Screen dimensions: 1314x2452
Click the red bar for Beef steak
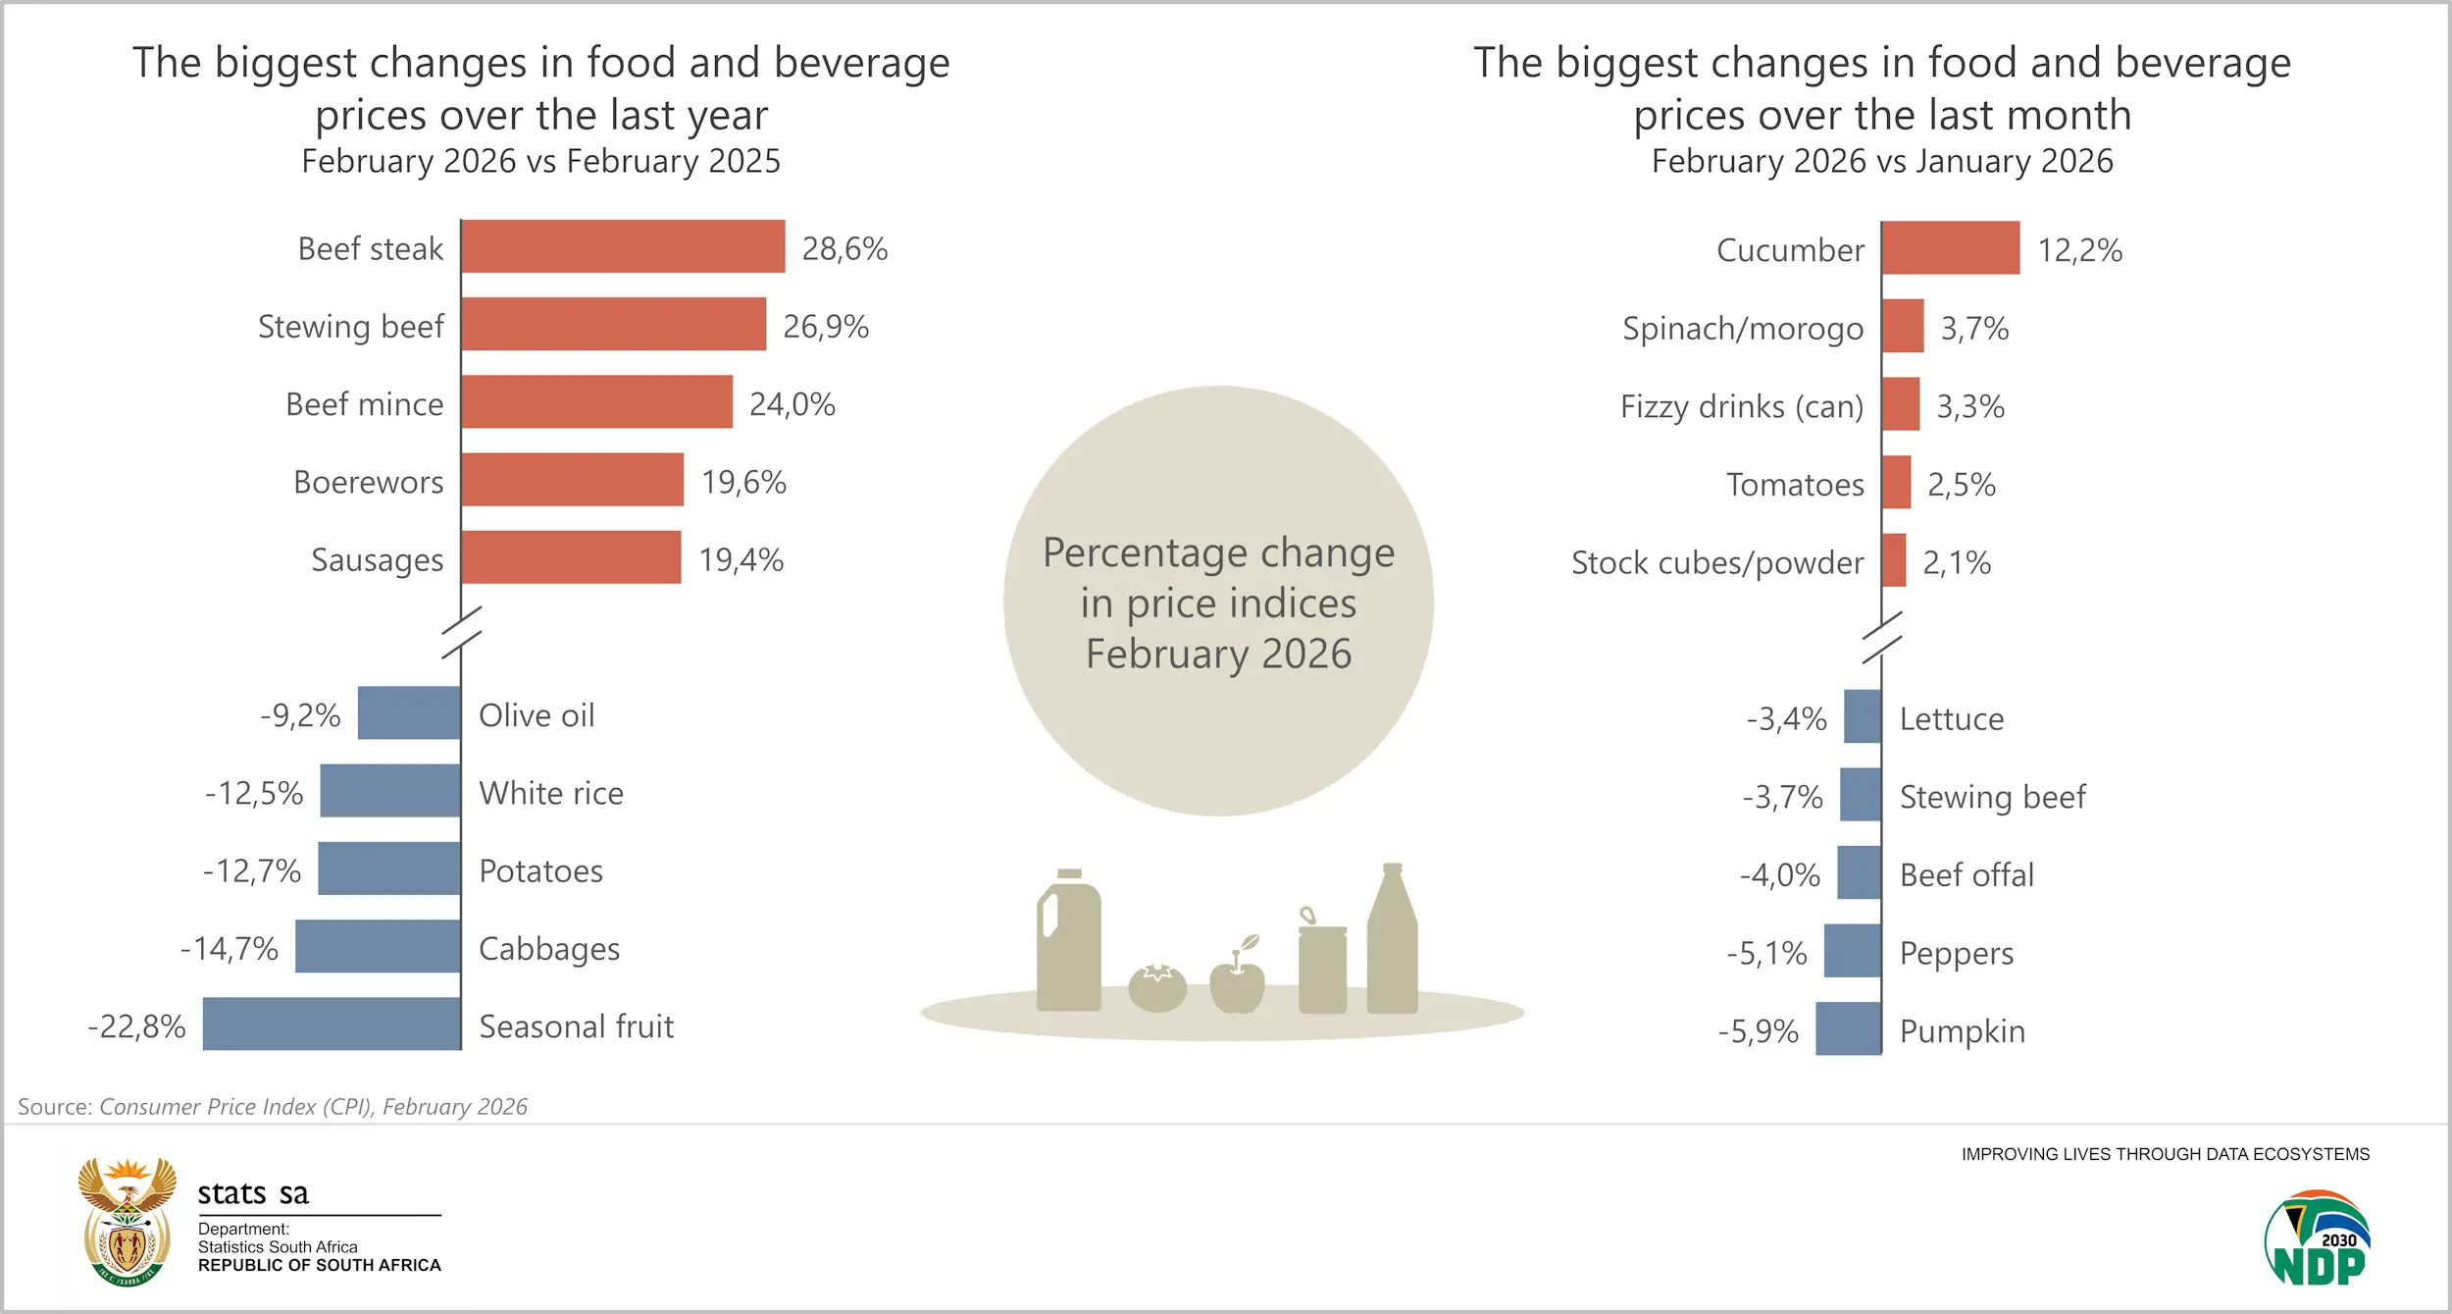pyautogui.click(x=623, y=246)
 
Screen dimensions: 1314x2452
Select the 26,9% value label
pyautogui.click(x=825, y=326)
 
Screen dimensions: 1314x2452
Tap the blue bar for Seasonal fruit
pyautogui.click(x=332, y=1024)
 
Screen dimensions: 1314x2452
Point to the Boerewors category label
pyautogui.click(x=368, y=482)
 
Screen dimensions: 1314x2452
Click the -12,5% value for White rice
pyautogui.click(x=254, y=792)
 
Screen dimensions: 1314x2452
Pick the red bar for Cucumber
pyautogui.click(x=1950, y=248)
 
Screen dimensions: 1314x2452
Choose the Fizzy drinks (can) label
pyautogui.click(x=1741, y=406)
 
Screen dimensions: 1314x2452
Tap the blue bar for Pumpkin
pyautogui.click(x=1848, y=1028)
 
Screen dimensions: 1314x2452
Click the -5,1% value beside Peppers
pyautogui.click(x=1766, y=953)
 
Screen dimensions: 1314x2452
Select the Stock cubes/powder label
pyautogui.click(x=1716, y=562)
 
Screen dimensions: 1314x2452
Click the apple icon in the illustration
pyautogui.click(x=1237, y=978)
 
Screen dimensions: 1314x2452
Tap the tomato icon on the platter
pyautogui.click(x=1157, y=987)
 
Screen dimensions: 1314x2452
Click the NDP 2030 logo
pyautogui.click(x=2317, y=1238)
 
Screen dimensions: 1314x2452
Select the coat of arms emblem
pyautogui.click(x=128, y=1221)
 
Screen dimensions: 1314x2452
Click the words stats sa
pyautogui.click(x=253, y=1193)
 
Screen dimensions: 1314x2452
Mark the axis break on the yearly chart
pyautogui.click(x=461, y=632)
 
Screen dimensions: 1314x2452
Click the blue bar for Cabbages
pyautogui.click(x=378, y=946)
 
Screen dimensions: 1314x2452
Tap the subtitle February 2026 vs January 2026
pyautogui.click(x=1881, y=161)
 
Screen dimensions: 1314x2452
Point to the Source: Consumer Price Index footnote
pyautogui.click(x=273, y=1107)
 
